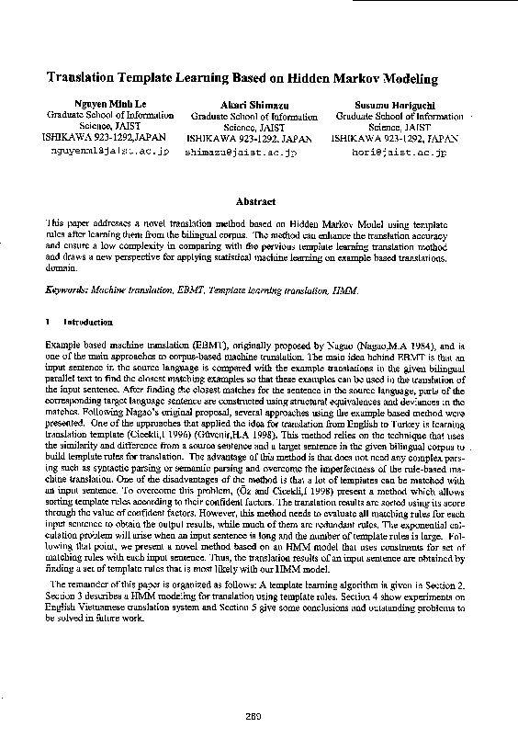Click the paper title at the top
click(242, 80)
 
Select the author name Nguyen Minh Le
click(110, 105)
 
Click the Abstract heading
click(255, 200)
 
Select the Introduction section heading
click(88, 323)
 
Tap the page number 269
click(254, 718)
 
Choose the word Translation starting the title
click(77, 80)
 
